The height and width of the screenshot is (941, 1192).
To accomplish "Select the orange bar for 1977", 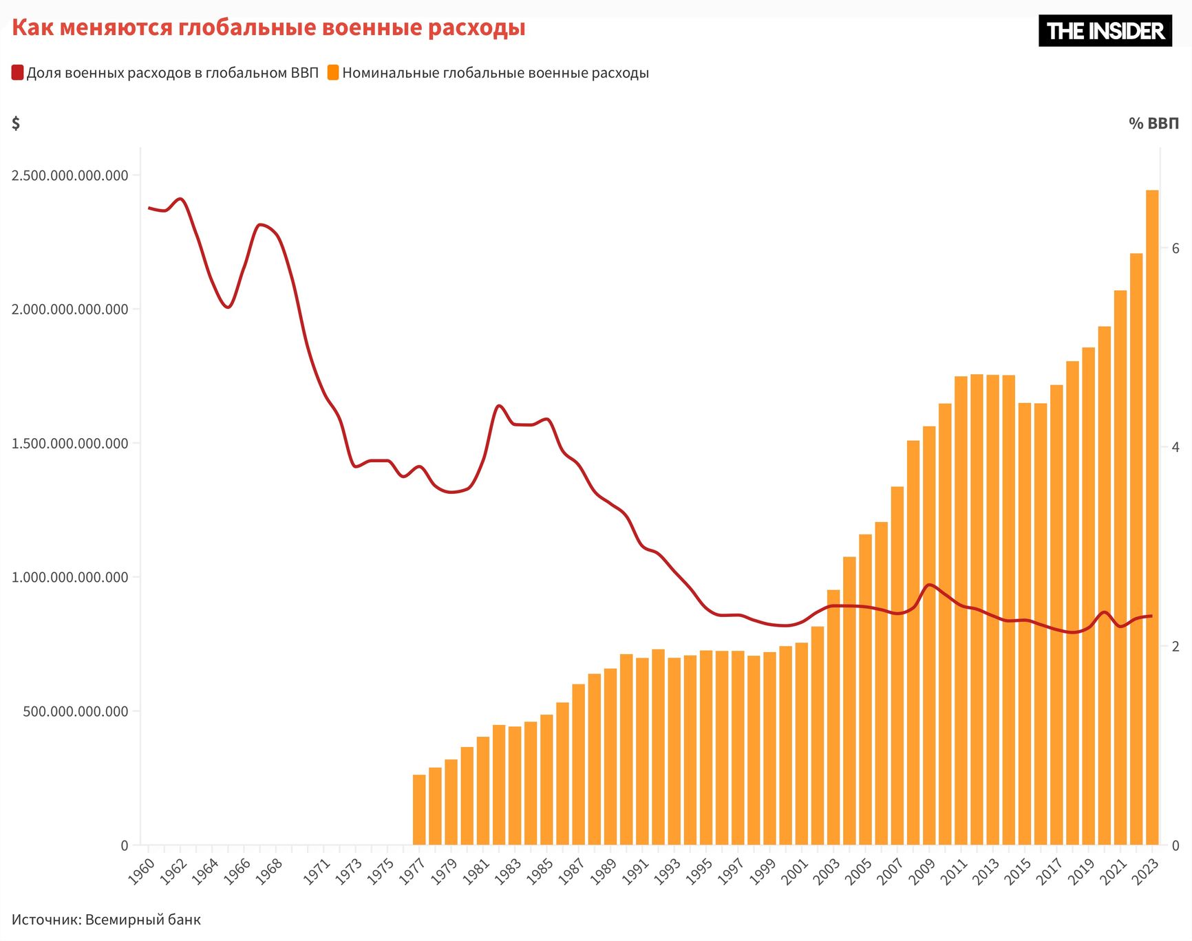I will pyautogui.click(x=419, y=810).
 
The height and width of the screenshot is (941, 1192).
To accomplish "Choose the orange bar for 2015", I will pyautogui.click(x=1024, y=623).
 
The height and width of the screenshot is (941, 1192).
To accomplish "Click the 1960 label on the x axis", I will pyautogui.click(x=141, y=872).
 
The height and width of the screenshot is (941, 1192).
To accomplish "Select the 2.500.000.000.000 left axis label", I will pyautogui.click(x=70, y=175).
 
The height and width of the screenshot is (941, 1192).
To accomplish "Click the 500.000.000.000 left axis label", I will pyautogui.click(x=76, y=711).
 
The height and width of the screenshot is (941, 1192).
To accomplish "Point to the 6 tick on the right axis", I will pyautogui.click(x=1175, y=248).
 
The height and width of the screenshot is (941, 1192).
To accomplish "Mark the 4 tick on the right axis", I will pyautogui.click(x=1175, y=447).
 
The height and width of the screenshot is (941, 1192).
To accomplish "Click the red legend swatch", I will pyautogui.click(x=17, y=73).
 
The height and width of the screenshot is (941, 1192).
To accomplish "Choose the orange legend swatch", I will pyautogui.click(x=333, y=73).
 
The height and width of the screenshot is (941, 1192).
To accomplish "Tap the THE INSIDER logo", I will pyautogui.click(x=1105, y=31).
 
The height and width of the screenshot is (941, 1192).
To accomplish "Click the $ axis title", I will pyautogui.click(x=16, y=123).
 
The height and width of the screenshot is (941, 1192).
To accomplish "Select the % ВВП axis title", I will pyautogui.click(x=1153, y=124).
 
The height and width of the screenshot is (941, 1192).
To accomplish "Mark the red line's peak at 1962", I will pyautogui.click(x=180, y=199).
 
